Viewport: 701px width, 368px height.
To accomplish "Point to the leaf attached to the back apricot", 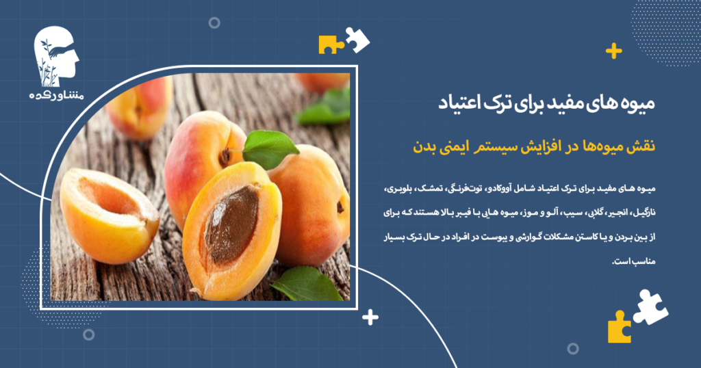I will point(270,148).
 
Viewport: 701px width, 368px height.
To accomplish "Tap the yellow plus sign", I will point(614,51).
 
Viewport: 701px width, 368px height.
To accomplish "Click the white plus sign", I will point(370,317).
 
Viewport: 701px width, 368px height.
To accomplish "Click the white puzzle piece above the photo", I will point(357,39).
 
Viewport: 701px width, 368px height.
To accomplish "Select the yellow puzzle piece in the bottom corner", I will point(619,328).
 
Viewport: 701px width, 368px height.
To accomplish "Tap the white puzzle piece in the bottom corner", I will point(650,306).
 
